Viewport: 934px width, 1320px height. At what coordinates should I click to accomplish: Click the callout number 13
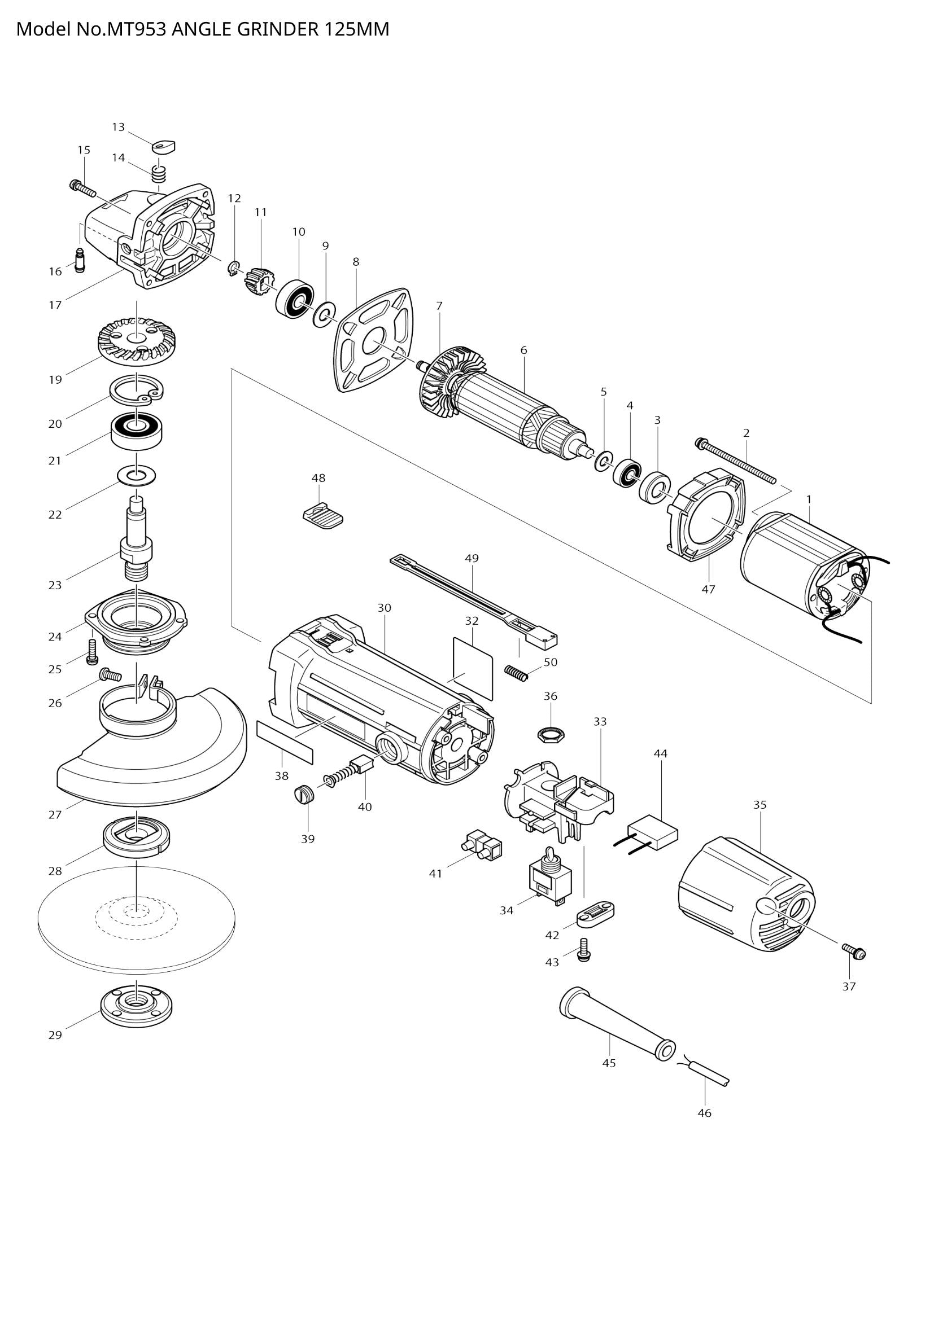(x=118, y=127)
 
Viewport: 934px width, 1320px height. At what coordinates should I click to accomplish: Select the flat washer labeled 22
(x=136, y=475)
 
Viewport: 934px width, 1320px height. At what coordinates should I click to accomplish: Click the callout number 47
(x=708, y=589)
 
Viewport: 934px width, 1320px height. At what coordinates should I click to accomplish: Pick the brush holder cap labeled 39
(x=303, y=793)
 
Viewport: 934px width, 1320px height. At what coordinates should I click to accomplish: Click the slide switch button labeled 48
(x=322, y=514)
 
